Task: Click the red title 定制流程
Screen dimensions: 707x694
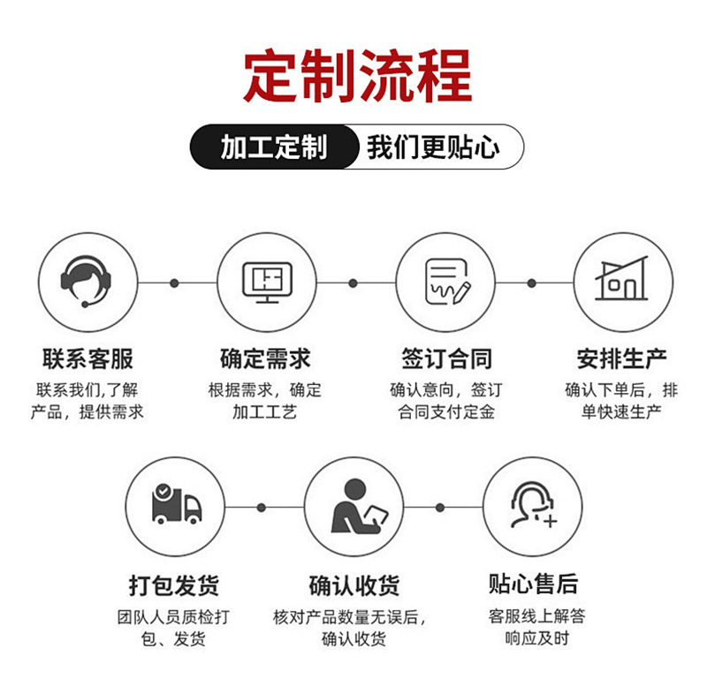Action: (357, 77)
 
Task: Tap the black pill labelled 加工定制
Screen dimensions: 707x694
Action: (273, 147)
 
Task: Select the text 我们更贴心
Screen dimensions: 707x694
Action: (433, 147)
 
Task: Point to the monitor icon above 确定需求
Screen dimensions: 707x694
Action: (267, 283)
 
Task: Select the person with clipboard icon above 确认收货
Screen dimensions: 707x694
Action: (355, 506)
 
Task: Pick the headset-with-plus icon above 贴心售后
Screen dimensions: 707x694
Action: (533, 506)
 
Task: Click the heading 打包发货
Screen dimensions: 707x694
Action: (174, 585)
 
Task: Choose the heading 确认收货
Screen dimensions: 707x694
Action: (354, 585)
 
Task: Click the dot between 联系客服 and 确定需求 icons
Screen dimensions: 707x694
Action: (174, 283)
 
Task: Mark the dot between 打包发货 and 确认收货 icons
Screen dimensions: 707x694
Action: (262, 508)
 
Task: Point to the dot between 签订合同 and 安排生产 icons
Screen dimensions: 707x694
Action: (531, 283)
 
